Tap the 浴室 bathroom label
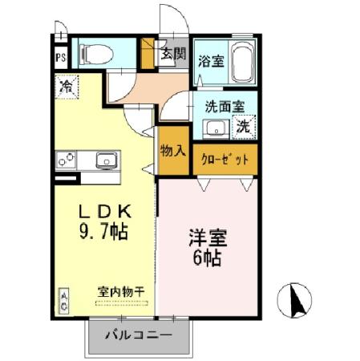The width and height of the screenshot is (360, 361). (x=211, y=59)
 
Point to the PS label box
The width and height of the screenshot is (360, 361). (x=60, y=57)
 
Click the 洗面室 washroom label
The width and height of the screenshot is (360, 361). (x=220, y=105)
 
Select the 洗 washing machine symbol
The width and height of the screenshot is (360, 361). (x=243, y=126)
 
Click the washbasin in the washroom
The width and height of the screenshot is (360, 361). (x=213, y=128)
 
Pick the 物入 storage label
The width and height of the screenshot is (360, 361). (x=173, y=151)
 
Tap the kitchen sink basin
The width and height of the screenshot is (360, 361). (x=107, y=160)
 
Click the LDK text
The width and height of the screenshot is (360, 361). (x=103, y=212)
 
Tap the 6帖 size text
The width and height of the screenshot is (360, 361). (x=206, y=258)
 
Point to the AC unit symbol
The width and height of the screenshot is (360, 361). (x=63, y=302)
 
